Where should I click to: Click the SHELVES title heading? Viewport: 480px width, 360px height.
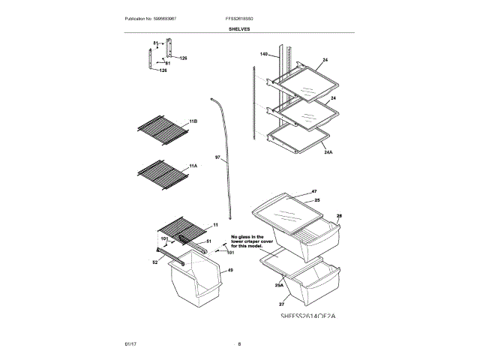tap(240, 29)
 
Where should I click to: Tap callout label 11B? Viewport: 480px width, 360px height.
tap(193, 121)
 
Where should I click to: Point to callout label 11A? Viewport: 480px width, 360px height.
tap(193, 165)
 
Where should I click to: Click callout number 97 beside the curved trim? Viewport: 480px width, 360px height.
tap(217, 157)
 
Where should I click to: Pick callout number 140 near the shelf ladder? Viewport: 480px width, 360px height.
tap(263, 55)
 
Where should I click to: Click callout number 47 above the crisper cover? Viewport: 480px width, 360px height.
tap(314, 192)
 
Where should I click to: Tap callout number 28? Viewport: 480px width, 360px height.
tap(339, 216)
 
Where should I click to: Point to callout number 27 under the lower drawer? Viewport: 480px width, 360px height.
tap(281, 304)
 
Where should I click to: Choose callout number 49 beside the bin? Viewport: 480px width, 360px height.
tap(231, 270)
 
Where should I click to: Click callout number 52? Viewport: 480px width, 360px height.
tap(155, 262)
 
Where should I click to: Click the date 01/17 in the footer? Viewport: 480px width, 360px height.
tap(130, 343)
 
